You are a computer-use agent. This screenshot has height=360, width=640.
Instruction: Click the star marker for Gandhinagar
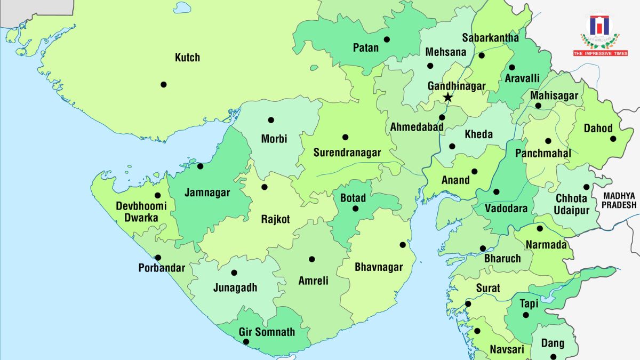[448, 98]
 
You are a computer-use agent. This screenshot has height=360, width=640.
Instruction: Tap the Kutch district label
[187, 58]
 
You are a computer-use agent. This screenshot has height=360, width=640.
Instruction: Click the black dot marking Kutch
[163, 84]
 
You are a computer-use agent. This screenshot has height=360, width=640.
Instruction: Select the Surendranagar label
[347, 153]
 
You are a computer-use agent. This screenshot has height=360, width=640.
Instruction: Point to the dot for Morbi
[271, 120]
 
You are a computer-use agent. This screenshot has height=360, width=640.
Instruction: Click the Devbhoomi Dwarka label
[141, 212]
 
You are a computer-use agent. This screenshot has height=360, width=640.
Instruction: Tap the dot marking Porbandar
[158, 258]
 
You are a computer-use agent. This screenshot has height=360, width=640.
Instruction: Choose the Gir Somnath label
[267, 332]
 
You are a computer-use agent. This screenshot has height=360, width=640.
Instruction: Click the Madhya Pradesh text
[619, 201]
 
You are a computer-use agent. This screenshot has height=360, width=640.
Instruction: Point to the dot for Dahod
[613, 139]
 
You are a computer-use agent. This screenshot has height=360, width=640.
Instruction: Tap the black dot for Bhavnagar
[403, 245]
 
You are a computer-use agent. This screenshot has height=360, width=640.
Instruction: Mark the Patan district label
[366, 48]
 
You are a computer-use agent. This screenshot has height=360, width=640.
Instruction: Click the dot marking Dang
[553, 357]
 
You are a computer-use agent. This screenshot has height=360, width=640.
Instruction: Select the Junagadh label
[235, 288]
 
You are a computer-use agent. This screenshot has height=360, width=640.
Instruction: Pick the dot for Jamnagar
[201, 166]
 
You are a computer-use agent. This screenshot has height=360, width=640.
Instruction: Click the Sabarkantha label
[490, 38]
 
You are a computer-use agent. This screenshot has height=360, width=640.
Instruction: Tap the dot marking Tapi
[525, 315]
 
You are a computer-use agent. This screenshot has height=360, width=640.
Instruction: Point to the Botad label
[353, 198]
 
